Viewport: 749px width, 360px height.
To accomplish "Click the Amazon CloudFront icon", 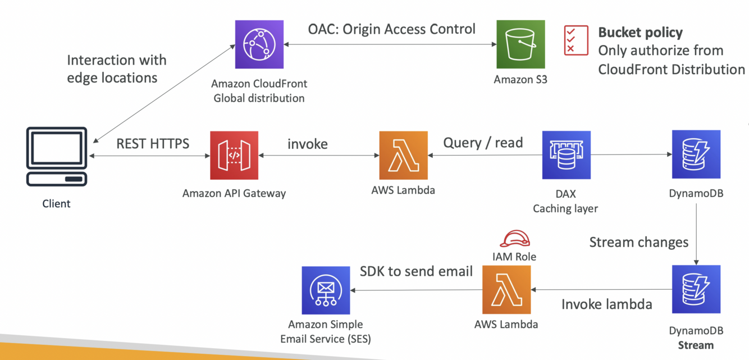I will point(259,44).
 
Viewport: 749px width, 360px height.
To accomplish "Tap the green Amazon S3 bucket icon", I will point(520,44).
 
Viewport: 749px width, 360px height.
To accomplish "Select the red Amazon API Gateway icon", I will point(234,155).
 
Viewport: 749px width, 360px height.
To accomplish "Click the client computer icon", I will point(57,157).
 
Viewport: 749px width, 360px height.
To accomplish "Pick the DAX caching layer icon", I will point(566,155).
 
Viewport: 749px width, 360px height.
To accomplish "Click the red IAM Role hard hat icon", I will point(515,239).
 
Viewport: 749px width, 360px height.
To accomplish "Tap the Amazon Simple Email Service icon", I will point(326,290).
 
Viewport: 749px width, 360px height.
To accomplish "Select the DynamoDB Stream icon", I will point(696,289).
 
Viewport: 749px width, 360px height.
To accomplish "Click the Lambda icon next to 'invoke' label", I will point(403,155).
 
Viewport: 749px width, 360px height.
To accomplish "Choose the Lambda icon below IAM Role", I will point(506,290).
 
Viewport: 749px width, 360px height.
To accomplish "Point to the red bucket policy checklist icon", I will point(576,40).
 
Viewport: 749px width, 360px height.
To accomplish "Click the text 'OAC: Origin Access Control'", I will point(391,29).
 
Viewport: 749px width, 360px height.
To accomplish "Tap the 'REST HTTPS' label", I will point(153,144).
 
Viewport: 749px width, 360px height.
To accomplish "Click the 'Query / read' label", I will point(483,143).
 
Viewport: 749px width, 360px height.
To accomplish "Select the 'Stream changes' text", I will point(638,242).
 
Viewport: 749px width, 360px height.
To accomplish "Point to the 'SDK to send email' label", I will point(416,271).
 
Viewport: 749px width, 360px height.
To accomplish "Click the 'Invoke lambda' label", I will point(607,304).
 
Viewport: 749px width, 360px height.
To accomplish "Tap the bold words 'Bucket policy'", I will point(640,32).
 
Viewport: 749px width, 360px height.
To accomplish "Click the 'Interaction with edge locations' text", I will point(117,69).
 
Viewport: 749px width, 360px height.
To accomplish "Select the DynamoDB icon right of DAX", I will point(696,154).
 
